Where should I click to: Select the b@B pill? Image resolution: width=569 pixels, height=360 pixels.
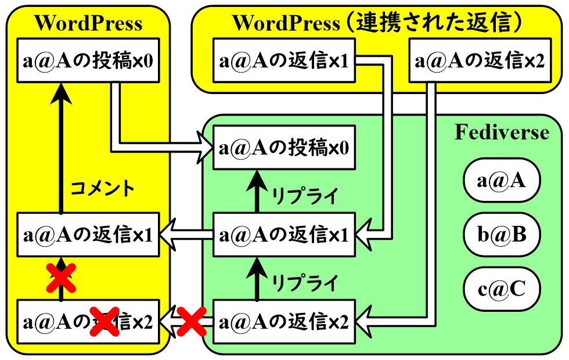[x=502, y=235]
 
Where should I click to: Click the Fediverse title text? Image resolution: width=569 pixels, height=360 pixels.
[x=502, y=133]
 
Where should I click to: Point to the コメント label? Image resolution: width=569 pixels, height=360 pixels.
[x=102, y=188]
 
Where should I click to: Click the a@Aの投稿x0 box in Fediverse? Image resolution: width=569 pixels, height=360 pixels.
[x=284, y=147]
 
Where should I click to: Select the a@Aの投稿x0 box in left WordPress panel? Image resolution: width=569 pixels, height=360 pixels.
[x=88, y=61]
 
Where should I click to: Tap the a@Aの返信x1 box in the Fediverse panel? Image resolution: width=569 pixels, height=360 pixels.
[x=284, y=235]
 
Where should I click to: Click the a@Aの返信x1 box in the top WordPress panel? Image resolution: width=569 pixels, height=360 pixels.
[x=284, y=61]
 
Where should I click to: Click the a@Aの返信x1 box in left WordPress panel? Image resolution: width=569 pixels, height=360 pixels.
[x=88, y=235]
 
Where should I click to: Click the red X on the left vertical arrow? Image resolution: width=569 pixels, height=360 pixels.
[x=60, y=278]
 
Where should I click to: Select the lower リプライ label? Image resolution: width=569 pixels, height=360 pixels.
[x=304, y=284]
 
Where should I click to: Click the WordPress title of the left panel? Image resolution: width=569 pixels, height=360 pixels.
[x=88, y=23]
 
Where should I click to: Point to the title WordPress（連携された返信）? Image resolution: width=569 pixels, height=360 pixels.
[x=377, y=23]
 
